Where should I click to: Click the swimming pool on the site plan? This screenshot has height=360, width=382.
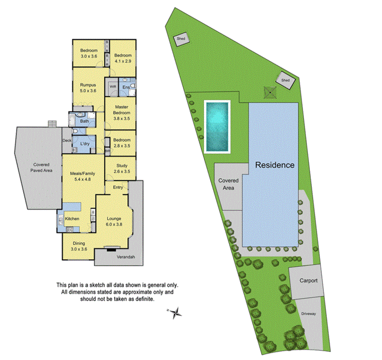pos(217,126)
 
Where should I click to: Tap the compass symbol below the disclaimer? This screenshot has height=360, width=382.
pos(175,312)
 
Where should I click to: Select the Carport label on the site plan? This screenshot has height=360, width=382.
pos(308,280)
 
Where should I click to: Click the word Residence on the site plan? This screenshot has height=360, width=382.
pos(275,165)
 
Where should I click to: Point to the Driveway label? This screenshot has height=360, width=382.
pos(309,314)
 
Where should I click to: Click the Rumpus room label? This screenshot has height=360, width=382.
pos(88,84)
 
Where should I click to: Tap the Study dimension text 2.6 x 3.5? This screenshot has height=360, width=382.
pos(122,171)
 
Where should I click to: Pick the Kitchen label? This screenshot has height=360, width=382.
pos(72,219)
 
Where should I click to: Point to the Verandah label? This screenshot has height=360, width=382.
pos(125,257)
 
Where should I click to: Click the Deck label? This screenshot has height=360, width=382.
pos(67,141)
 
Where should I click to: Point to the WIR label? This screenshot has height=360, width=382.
pos(113,86)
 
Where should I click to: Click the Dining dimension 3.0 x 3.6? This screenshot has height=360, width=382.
pos(78,249)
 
